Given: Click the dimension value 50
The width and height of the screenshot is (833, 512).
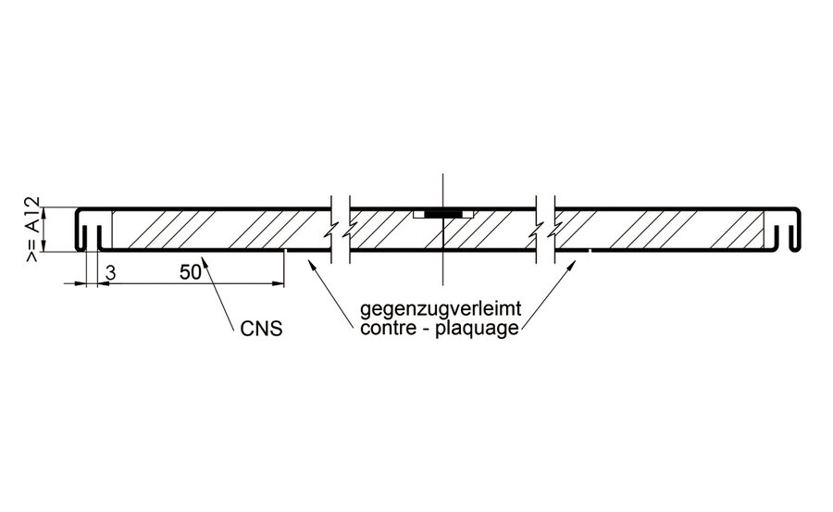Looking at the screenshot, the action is coord(190,272).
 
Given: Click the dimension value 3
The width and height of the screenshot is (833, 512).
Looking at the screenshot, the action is coord(110,273).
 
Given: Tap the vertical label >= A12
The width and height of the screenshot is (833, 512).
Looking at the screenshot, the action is coord(32,230).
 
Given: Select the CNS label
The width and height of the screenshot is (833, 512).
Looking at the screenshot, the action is coord(261,329).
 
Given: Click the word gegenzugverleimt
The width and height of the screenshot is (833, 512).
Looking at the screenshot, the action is coord(441,309).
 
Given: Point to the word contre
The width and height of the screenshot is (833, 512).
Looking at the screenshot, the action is coord(386,328).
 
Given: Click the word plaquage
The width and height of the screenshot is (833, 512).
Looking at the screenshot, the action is coord(477,329).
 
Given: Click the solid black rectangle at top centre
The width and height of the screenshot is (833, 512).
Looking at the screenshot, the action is coord(443,214).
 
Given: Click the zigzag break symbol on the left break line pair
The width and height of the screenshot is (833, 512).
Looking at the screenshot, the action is coord(341,231).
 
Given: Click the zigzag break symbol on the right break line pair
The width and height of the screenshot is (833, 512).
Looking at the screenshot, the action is coord(545,231).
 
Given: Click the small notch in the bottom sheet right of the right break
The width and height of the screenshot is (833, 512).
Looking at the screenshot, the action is coord(591,250).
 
